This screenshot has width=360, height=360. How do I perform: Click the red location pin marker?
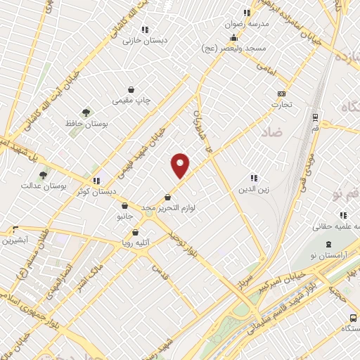181,165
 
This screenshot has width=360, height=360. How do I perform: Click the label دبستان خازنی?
145,40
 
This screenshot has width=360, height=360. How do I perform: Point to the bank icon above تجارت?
282,94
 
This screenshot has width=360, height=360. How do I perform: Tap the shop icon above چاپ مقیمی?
131,89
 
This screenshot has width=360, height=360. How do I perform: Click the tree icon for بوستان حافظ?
86,112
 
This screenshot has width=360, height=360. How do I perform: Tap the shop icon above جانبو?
124,206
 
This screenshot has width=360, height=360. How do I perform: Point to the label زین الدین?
254,188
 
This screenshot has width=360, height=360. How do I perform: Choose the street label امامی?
265,68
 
